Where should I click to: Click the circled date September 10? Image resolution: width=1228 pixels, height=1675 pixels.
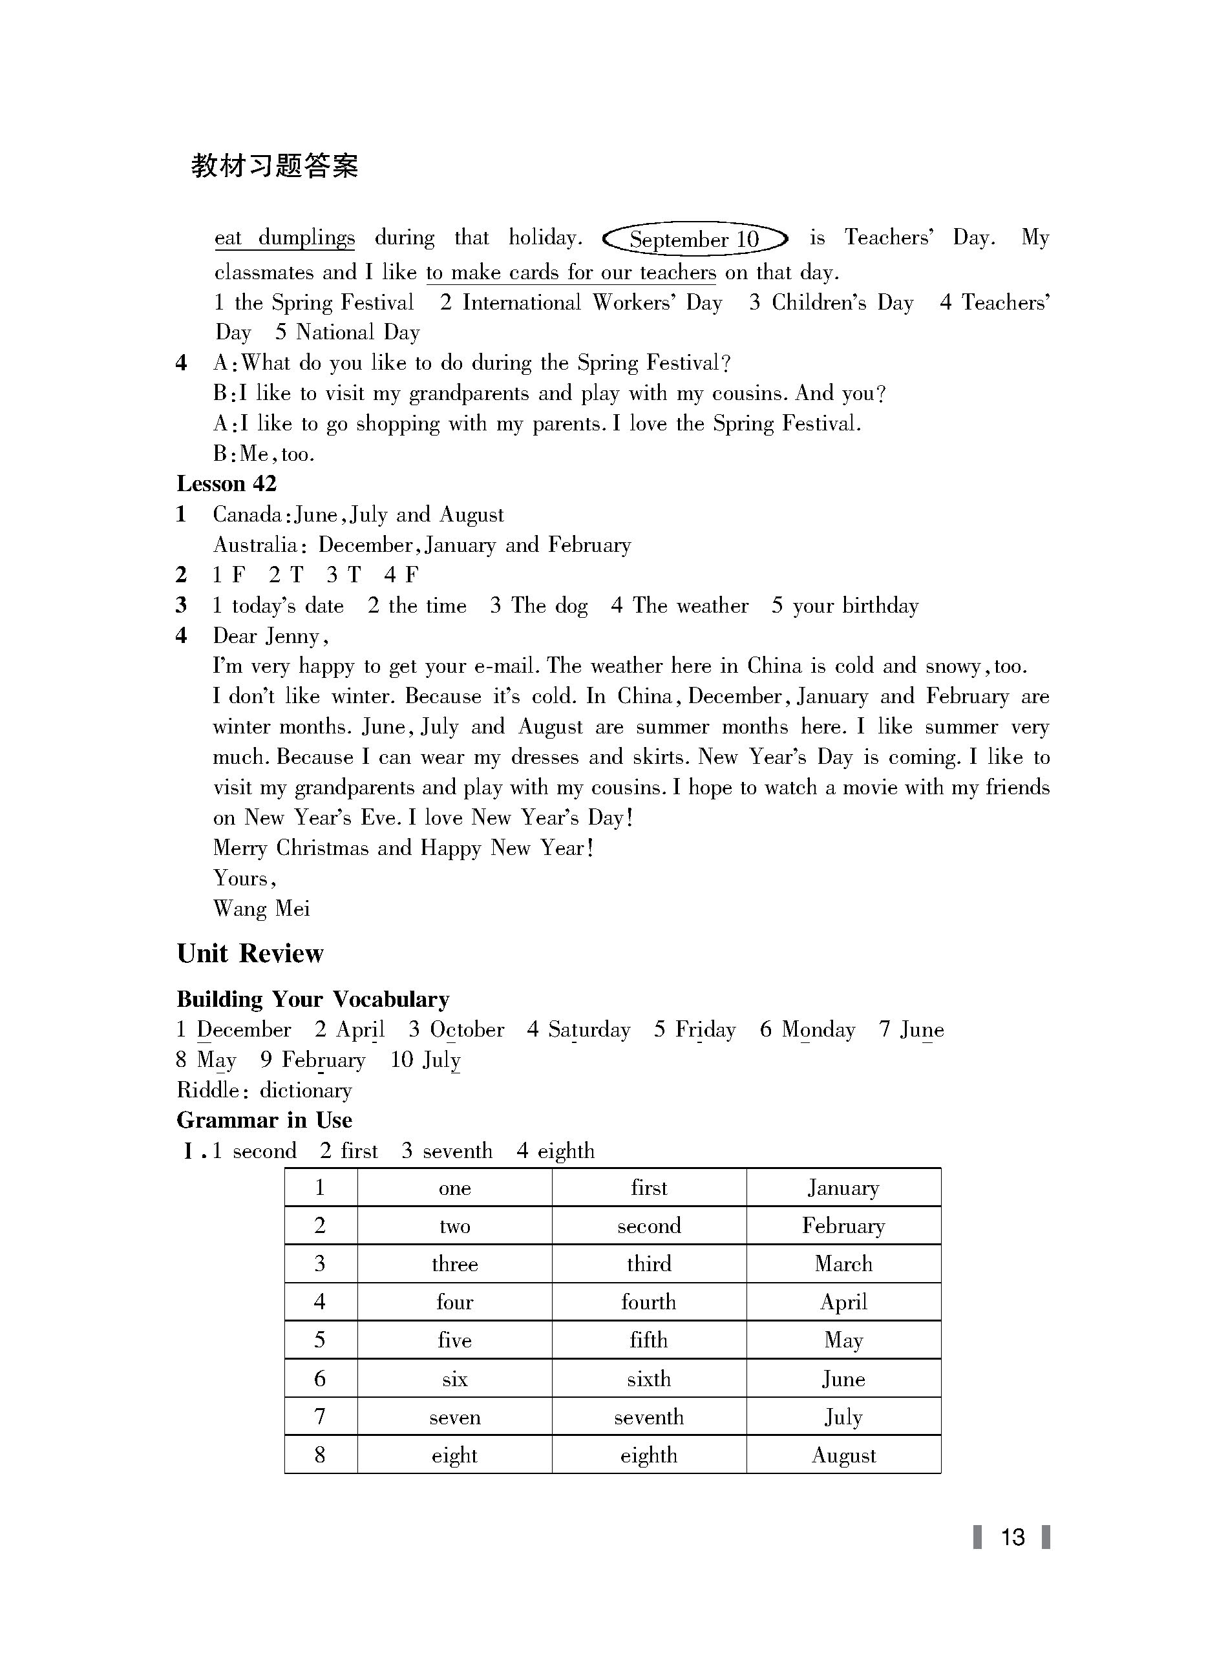click(694, 239)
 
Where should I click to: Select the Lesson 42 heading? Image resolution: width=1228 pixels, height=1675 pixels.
click(226, 484)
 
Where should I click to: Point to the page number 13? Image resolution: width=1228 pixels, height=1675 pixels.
click(1011, 1537)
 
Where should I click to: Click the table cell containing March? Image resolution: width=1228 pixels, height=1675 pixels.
click(843, 1263)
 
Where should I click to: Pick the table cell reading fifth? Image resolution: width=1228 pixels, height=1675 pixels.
click(648, 1340)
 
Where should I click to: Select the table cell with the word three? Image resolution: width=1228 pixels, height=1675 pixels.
click(454, 1264)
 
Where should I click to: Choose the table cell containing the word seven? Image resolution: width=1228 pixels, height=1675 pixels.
click(454, 1417)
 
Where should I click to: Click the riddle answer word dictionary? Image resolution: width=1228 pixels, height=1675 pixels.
click(306, 1090)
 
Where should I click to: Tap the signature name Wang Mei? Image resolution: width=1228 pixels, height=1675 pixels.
click(261, 909)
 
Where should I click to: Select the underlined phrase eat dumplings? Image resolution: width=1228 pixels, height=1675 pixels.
click(284, 238)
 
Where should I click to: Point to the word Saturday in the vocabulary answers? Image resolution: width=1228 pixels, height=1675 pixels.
click(589, 1030)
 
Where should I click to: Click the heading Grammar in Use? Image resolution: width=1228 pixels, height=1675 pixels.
click(264, 1120)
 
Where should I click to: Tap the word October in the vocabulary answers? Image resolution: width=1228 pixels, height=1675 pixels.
click(467, 1030)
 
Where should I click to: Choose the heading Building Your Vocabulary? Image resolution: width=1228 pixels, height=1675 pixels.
click(313, 1000)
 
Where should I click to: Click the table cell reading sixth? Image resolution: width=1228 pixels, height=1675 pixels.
click(648, 1378)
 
